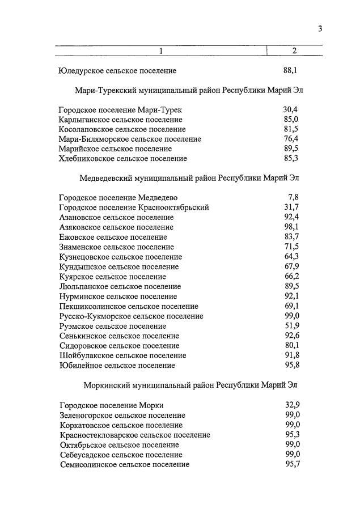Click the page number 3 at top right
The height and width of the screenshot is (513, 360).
click(x=320, y=29)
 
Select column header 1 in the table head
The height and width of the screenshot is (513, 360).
click(x=160, y=51)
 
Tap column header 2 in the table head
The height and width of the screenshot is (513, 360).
click(x=294, y=51)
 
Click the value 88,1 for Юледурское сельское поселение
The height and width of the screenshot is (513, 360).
click(x=290, y=71)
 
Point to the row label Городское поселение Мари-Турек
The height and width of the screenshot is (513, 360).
click(x=120, y=109)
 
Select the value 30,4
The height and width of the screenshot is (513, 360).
click(x=290, y=109)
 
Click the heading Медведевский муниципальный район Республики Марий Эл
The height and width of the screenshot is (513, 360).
click(x=189, y=177)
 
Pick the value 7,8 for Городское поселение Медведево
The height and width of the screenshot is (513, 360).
click(x=293, y=197)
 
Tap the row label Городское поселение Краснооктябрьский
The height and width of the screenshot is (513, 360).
click(x=133, y=207)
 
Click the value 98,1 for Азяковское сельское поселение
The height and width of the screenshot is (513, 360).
click(x=291, y=227)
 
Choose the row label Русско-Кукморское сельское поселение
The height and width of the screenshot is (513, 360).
click(x=130, y=316)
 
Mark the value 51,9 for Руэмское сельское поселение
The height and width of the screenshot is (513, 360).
click(x=291, y=326)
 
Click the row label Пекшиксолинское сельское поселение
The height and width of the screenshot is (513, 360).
click(x=128, y=306)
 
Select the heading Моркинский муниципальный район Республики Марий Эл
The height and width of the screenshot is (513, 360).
click(x=190, y=385)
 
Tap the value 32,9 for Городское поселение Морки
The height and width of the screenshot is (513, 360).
click(x=292, y=405)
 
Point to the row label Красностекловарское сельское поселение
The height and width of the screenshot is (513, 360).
click(x=134, y=435)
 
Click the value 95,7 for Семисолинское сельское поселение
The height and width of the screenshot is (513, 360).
click(x=292, y=464)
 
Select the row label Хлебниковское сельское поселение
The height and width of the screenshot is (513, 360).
click(x=122, y=159)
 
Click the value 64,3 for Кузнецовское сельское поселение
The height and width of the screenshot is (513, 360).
click(x=291, y=257)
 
